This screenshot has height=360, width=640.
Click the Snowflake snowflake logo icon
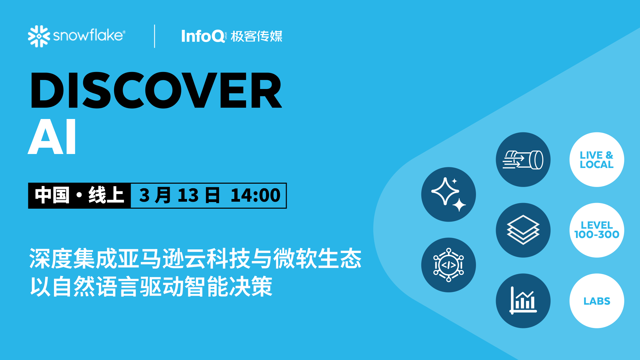(x=39, y=36)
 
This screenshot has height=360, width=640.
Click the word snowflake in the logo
(x=88, y=35)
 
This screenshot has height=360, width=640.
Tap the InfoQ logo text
(x=203, y=36)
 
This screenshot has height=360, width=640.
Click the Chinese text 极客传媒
(x=256, y=36)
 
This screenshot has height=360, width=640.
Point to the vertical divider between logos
(x=155, y=36)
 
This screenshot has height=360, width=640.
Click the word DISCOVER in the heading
(x=156, y=91)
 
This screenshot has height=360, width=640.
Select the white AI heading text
(x=52, y=137)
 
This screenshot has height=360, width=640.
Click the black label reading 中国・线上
(x=79, y=195)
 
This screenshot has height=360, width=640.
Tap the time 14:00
(x=255, y=195)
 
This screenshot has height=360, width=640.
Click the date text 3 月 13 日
(x=179, y=195)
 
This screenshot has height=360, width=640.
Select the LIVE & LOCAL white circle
(x=596, y=160)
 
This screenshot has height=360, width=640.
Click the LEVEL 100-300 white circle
(x=596, y=230)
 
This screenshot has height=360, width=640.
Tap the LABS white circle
(x=596, y=301)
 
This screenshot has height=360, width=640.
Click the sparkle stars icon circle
(x=448, y=194)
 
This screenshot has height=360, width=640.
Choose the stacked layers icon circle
(x=523, y=230)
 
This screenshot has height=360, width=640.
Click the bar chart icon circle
(x=523, y=301)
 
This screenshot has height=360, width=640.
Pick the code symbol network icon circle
(x=448, y=265)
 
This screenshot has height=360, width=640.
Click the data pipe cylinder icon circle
(x=523, y=160)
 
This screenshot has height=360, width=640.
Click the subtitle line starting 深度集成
(x=195, y=259)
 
